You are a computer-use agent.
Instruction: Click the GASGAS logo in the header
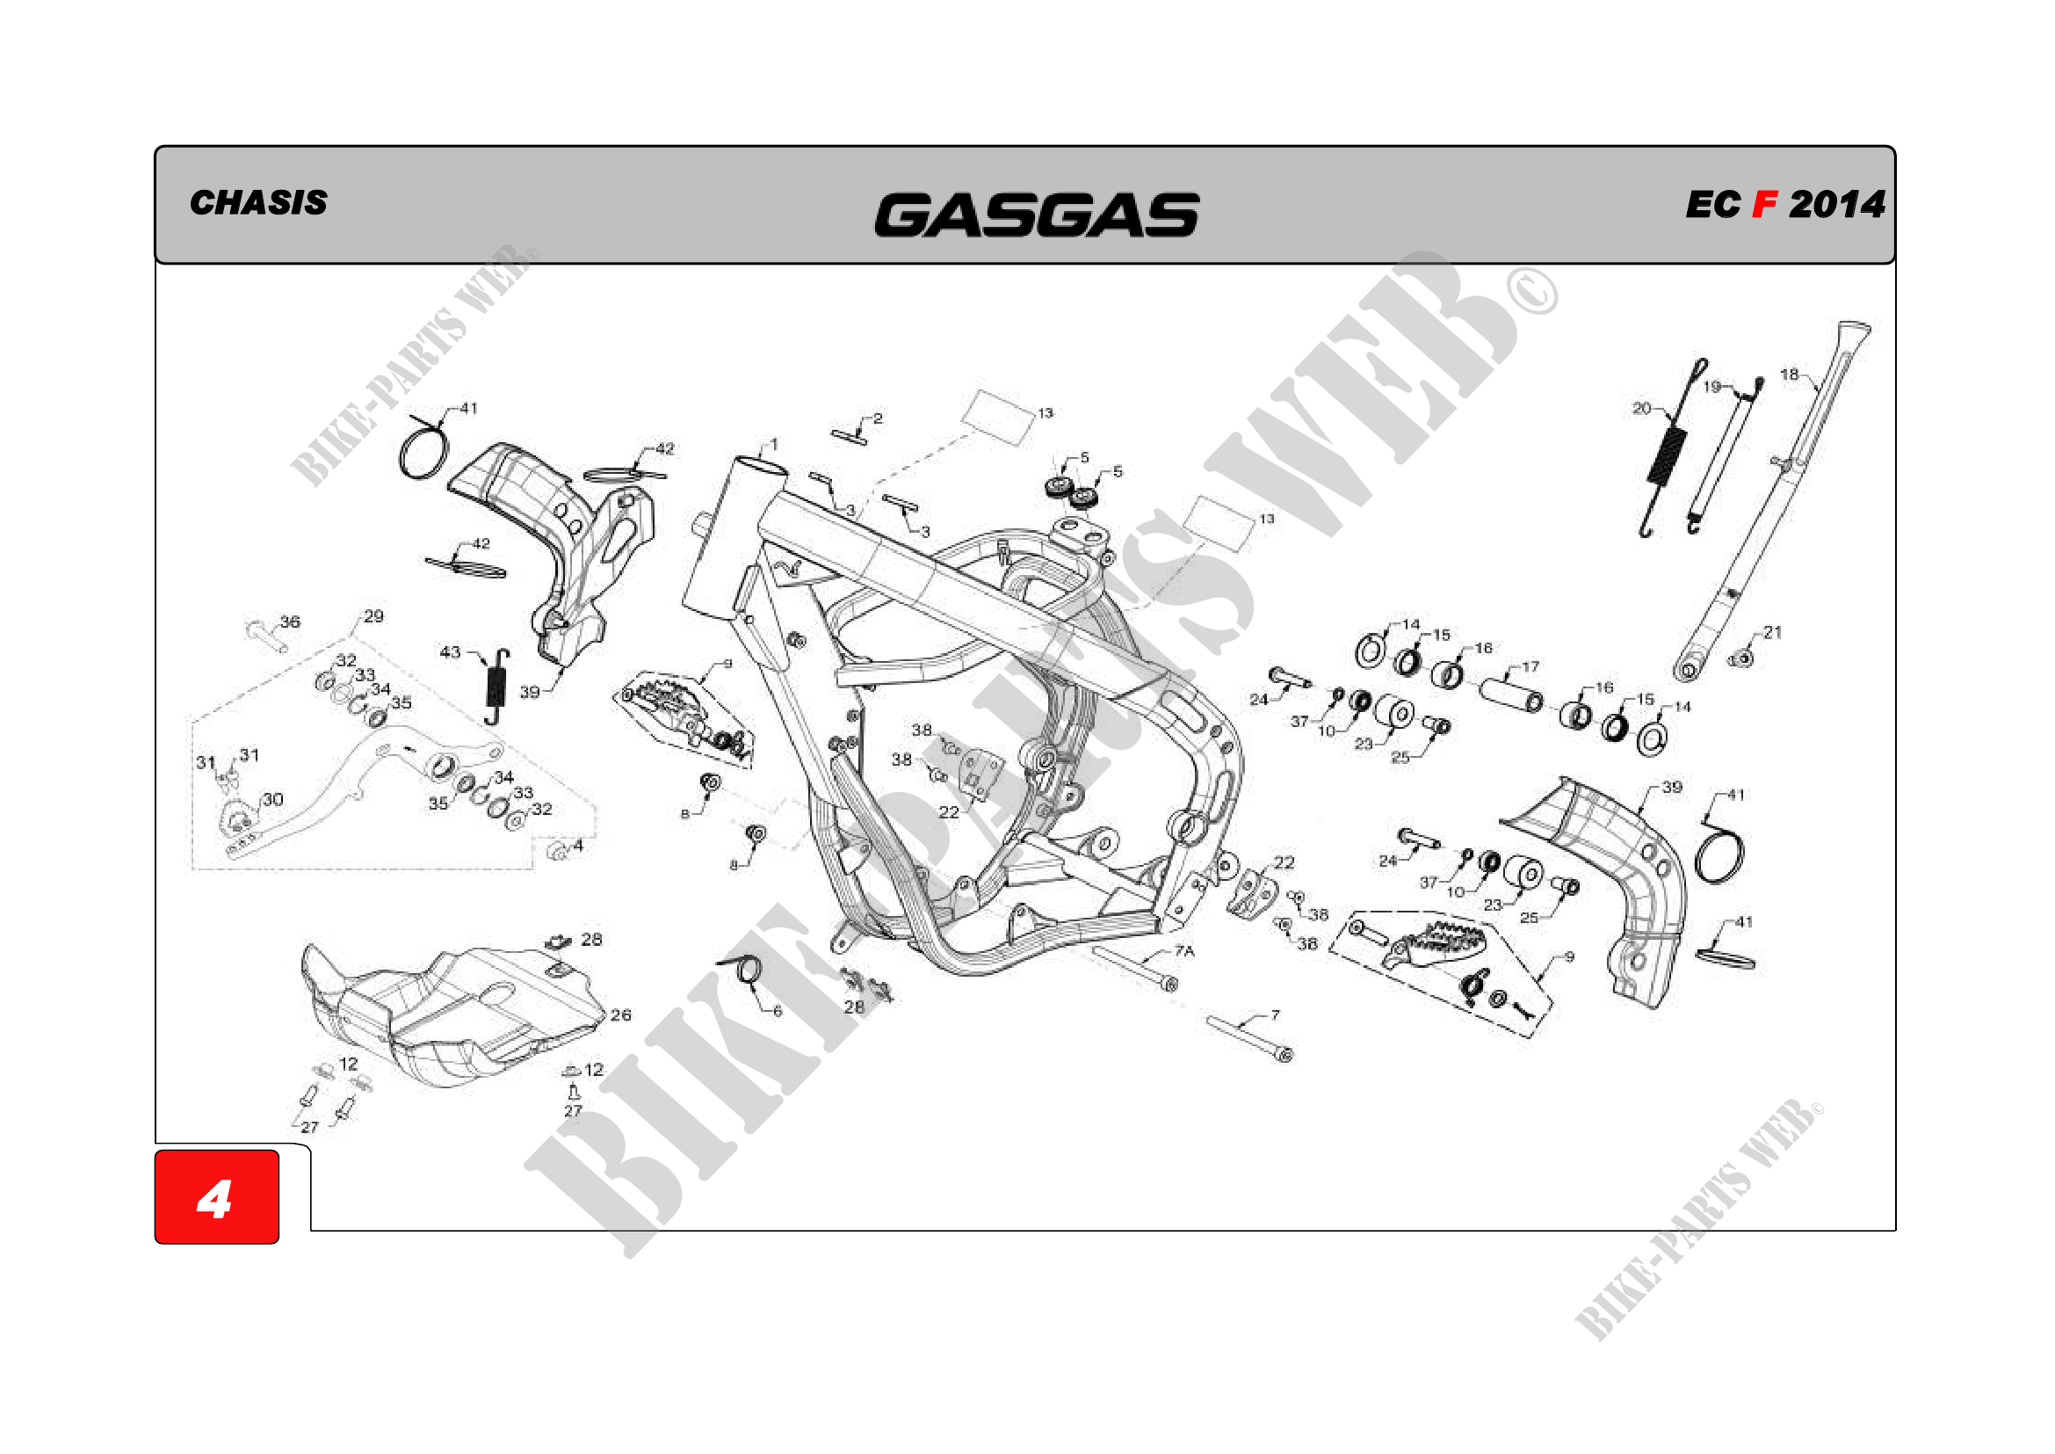pos(1036,214)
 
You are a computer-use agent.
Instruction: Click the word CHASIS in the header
pos(257,203)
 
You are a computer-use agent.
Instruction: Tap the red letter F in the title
pos(1763,205)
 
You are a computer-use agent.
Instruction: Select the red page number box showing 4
pos(217,1197)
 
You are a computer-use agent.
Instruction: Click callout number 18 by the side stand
pos(1788,374)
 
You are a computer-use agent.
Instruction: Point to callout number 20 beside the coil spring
pos(1640,408)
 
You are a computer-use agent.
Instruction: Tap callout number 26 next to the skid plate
pos(620,1014)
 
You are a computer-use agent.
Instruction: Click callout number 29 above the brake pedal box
pos(373,616)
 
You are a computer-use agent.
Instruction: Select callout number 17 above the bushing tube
pos(1530,666)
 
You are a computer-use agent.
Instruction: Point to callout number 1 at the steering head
pos(774,443)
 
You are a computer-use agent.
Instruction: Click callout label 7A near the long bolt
pos(1184,950)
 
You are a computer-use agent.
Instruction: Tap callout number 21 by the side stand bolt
pos(1772,632)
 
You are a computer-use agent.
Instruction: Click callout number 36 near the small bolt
pos(290,622)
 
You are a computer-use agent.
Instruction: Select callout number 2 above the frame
pos(878,418)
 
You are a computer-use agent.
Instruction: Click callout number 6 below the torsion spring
pos(777,1011)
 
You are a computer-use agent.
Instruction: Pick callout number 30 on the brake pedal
pos(272,798)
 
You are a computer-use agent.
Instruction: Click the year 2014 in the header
pos(1836,205)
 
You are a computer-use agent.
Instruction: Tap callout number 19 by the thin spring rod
pos(1711,387)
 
